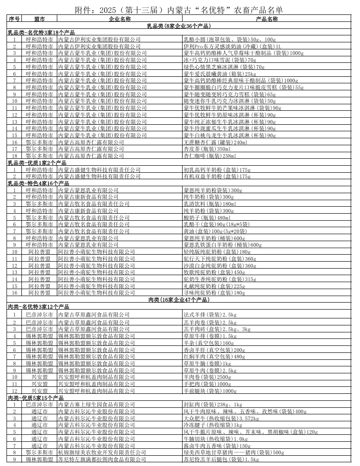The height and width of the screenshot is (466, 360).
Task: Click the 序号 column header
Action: point(14,19)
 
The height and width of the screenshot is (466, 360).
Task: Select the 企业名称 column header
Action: point(120,19)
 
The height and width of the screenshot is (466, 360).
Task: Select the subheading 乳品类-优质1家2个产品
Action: point(37,163)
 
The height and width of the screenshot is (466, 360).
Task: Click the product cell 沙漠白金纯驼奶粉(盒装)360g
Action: point(220,266)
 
